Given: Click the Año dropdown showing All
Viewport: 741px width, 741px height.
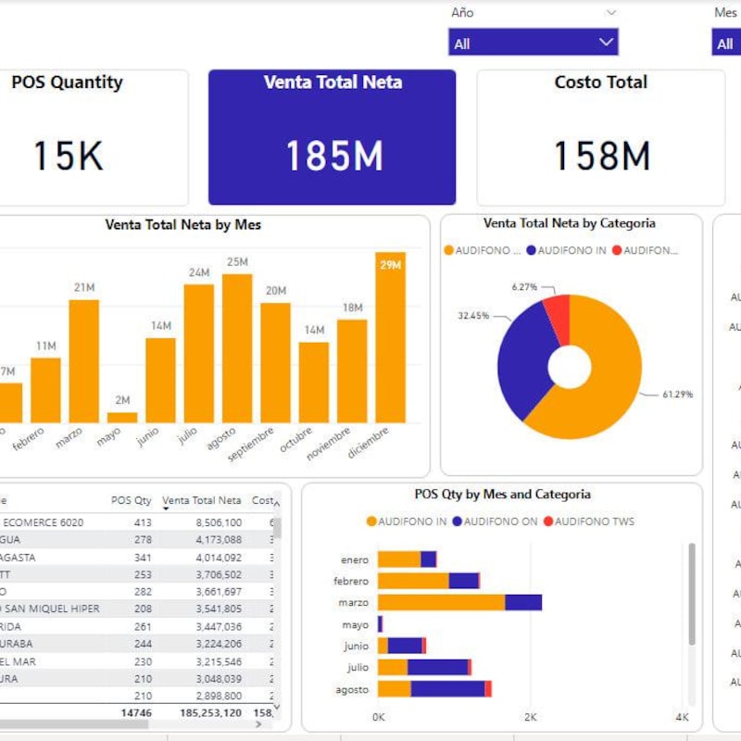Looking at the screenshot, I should pyautogui.click(x=533, y=43).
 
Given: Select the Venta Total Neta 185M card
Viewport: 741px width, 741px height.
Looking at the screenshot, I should pyautogui.click(x=332, y=137).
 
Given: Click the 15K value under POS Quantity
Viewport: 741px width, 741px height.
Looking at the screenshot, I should pyautogui.click(x=68, y=156).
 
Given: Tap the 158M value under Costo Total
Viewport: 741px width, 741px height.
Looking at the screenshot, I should pyautogui.click(x=601, y=156).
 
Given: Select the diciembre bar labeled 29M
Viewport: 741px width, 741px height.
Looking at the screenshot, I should pyautogui.click(x=390, y=343).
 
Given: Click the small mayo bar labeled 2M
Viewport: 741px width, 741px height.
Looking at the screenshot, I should pyautogui.click(x=129, y=418).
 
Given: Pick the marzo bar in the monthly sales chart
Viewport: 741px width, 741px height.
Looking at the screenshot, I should pyautogui.click(x=83, y=361).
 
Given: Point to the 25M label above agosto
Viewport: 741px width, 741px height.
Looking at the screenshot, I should pyautogui.click(x=237, y=262).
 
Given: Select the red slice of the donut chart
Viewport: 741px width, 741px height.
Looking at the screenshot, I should pyautogui.click(x=558, y=315).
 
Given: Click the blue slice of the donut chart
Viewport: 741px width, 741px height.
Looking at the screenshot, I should pyautogui.click(x=519, y=361).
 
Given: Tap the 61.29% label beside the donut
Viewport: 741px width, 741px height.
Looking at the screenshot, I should pyautogui.click(x=678, y=395).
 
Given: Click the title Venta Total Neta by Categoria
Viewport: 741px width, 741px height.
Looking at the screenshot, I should pyautogui.click(x=570, y=223).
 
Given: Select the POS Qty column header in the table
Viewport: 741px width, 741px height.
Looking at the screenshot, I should pyautogui.click(x=131, y=500).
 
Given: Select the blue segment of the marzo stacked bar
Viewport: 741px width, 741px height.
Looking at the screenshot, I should pyautogui.click(x=523, y=602).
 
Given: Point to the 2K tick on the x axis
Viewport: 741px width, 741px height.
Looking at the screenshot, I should pyautogui.click(x=530, y=718).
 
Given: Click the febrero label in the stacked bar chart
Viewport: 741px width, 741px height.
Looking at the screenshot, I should pyautogui.click(x=351, y=582).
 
